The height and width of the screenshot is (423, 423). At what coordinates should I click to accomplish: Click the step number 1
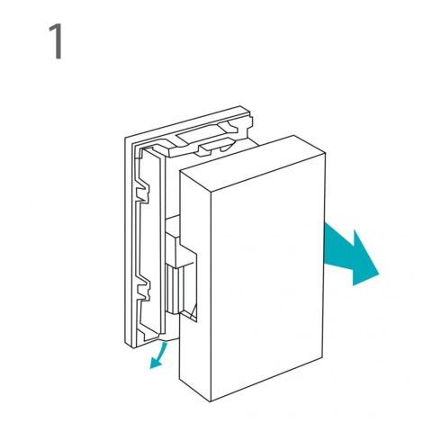click(57, 41)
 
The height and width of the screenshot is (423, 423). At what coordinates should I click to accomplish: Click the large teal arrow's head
click(364, 259)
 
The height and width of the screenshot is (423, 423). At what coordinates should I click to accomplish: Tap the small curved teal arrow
click(158, 356)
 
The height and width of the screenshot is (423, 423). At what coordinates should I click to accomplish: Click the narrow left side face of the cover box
click(195, 282)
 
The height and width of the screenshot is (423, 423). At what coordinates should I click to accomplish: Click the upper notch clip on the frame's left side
click(143, 191)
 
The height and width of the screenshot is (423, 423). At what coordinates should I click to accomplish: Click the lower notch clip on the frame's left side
click(143, 288)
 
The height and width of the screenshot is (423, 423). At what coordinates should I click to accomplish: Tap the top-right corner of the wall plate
click(240, 106)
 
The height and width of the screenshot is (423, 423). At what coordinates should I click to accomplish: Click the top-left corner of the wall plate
click(125, 138)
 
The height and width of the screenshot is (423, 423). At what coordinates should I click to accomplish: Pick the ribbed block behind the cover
click(174, 288)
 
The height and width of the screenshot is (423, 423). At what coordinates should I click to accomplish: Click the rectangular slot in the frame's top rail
click(201, 133)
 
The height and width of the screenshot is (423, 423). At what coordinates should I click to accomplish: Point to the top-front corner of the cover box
click(211, 193)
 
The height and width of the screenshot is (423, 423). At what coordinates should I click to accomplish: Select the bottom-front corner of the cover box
click(211, 401)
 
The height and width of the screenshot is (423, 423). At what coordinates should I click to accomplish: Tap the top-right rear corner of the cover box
click(293, 136)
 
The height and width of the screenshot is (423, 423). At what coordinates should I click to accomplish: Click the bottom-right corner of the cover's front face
click(323, 359)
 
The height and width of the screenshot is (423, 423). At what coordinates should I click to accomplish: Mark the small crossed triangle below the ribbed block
click(192, 313)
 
